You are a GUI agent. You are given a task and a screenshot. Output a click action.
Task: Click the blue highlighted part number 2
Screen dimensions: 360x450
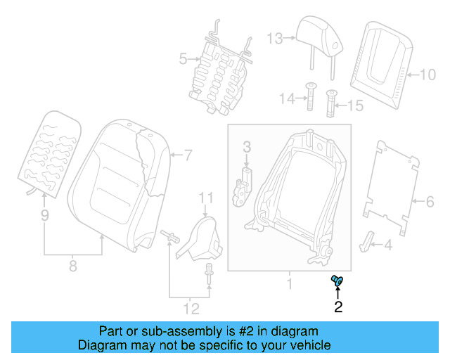point(337,281)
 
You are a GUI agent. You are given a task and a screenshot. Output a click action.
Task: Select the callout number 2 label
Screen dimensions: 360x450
point(338,307)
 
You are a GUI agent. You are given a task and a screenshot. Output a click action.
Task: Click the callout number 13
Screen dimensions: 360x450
point(274,38)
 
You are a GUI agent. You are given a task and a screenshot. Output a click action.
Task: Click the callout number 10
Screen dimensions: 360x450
point(428,72)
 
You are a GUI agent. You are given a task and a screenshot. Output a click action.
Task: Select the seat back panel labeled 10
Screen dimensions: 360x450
point(383,60)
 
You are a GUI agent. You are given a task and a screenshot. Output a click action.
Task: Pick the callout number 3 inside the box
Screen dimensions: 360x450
point(247,147)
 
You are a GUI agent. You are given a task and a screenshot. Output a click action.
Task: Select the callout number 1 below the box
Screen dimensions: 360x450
point(288,285)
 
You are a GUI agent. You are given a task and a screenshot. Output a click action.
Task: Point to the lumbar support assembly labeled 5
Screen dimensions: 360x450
point(218,70)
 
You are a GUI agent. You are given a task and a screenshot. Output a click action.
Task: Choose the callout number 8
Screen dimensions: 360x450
point(72,266)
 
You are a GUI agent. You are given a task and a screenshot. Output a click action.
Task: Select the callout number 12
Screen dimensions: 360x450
point(191,308)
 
